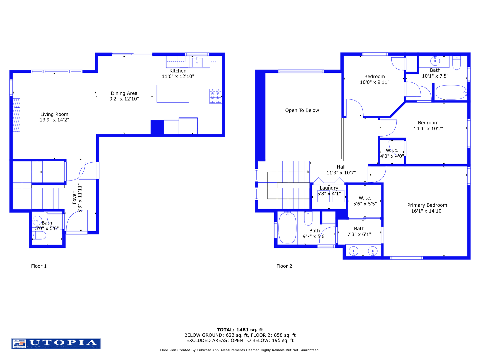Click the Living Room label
pos(54,114)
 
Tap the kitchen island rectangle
pos(173,93)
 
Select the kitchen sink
pos(197,62)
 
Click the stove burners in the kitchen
pos(215,96)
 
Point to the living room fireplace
pos(16,115)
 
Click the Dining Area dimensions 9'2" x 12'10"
pos(124,99)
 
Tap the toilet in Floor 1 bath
pos(39,236)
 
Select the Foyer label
pos(75,198)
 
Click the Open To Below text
pos(302,110)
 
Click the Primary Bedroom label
pos(427,205)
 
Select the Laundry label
pos(329,188)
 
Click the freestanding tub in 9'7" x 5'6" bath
pos(287,228)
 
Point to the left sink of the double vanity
pos(353,251)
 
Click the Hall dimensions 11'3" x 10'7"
pos(341,173)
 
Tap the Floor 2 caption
pos(284,266)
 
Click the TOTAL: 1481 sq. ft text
pos(240,330)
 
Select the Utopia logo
pos(56,344)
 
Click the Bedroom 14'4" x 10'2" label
pos(428,123)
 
